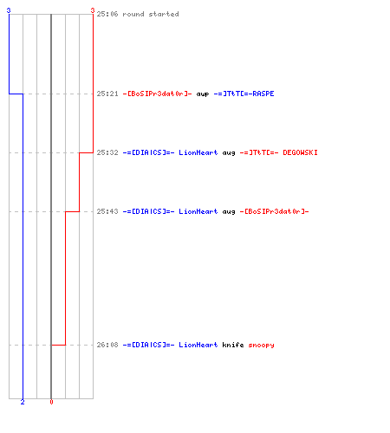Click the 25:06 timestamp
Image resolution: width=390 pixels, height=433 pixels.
coord(107,14)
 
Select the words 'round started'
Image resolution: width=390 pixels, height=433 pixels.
coord(151,14)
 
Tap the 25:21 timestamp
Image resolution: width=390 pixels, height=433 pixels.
coord(107,94)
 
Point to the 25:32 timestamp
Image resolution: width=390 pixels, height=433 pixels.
coord(107,152)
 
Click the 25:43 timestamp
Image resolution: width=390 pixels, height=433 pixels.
coord(107,211)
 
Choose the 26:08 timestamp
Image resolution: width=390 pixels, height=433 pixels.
coord(107,345)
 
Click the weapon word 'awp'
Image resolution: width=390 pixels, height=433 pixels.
coord(203,94)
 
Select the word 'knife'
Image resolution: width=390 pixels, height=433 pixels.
coord(233,345)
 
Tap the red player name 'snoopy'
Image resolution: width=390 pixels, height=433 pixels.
coord(261,346)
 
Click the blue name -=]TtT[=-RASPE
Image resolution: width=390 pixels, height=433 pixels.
coord(244,94)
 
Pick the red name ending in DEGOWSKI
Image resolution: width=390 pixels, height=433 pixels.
coord(278,152)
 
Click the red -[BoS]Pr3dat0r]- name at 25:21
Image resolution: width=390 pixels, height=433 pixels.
coord(157,94)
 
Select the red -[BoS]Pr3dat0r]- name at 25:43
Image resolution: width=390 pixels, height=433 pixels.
coord(274,211)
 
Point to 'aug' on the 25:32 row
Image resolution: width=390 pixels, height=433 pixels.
coord(229,153)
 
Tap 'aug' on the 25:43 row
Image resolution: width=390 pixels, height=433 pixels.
coord(229,212)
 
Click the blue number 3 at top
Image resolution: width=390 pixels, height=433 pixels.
coord(9,10)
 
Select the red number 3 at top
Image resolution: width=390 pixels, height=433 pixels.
coord(93,10)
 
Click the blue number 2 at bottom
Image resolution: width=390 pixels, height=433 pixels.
coord(23,402)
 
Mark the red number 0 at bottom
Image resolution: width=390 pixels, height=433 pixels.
coord(51,402)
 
